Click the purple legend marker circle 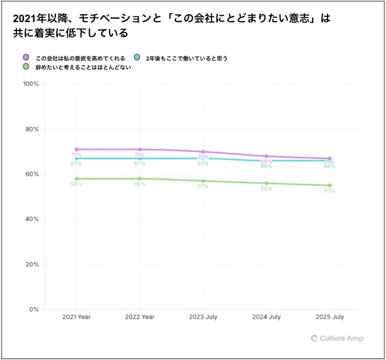pos(26,57)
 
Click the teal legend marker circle pos(137,57)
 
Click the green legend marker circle pos(26,66)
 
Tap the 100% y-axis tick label pos(30,84)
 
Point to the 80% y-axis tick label pos(32,129)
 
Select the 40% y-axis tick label pos(32,219)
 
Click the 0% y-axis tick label pos(33,309)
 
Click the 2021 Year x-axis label pos(76,317)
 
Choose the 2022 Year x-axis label pos(140,317)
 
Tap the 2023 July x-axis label pos(203,317)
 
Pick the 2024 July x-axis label pos(266,317)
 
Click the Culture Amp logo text pos(341,338)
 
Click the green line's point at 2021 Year pos(76,179)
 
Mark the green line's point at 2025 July pos(330,185)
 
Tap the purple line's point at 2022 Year pos(140,149)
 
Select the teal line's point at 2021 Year pos(76,158)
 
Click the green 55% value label pos(330,191)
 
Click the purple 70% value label pos(202,157)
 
